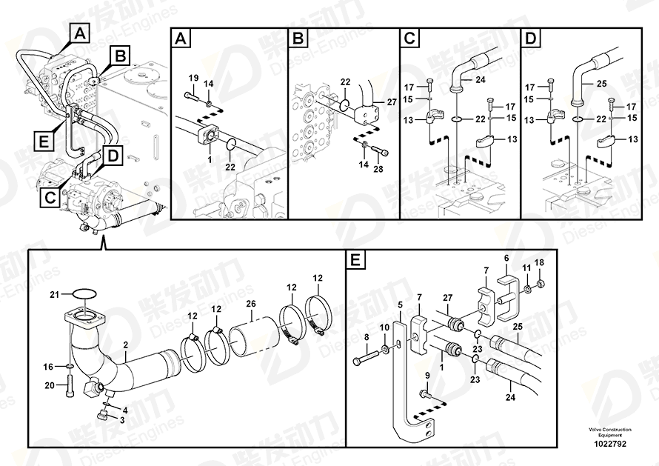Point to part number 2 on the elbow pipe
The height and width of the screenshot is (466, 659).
[125, 346]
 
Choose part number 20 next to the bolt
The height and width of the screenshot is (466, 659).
[50, 385]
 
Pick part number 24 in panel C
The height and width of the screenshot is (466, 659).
[479, 80]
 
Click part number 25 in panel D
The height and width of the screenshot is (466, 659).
[601, 84]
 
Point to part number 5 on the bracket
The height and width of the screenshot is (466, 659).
[399, 304]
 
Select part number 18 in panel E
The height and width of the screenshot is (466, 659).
[539, 263]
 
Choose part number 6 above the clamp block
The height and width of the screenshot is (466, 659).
[506, 258]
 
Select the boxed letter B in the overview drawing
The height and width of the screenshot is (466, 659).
[120, 54]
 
